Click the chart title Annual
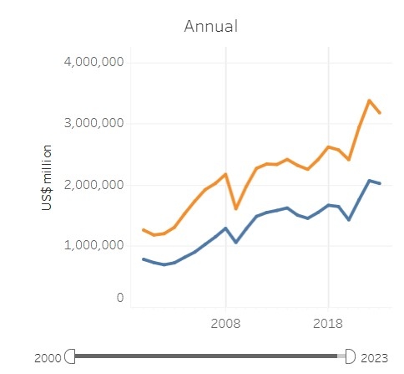pos(211,26)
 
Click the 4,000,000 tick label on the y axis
pos(93,62)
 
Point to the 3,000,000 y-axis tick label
pos(93,123)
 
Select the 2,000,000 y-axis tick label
pos(93,185)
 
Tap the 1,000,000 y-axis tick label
pos(93,246)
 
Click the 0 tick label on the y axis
pos(119,297)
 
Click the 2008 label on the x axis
pos(225,322)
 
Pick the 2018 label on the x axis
pos(328,322)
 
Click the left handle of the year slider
pos(70,356)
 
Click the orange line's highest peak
pos(369,100)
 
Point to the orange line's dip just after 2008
pos(236,208)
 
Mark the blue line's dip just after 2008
pos(236,243)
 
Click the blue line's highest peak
pos(369,180)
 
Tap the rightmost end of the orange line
pos(380,113)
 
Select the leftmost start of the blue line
pos(143,259)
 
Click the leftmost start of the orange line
pos(143,229)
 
